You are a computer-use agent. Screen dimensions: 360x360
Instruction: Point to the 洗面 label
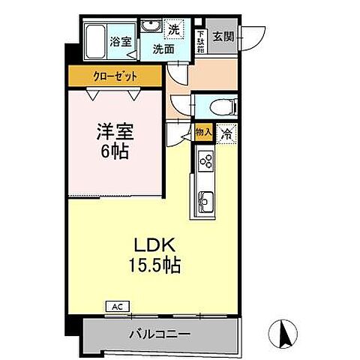pyautogui.click(x=164, y=49)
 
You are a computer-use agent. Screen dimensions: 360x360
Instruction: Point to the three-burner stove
pyautogui.click(x=205, y=160)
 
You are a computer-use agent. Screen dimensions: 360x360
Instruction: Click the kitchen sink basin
pyautogui.click(x=205, y=201)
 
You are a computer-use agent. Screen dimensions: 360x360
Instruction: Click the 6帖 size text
pyautogui.click(x=113, y=152)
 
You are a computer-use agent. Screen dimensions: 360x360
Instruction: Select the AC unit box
pyautogui.click(x=116, y=306)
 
